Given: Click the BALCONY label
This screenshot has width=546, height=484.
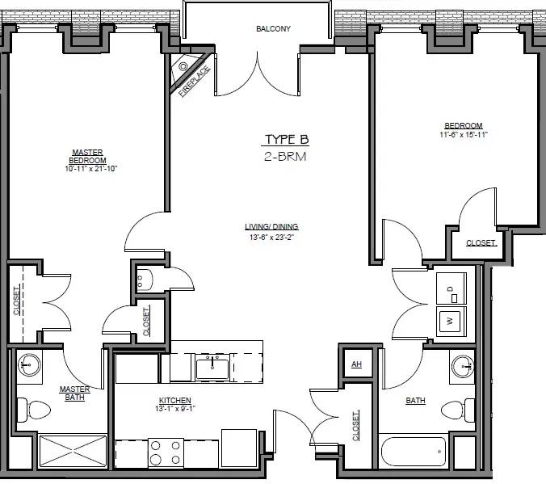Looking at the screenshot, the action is tap(273, 28).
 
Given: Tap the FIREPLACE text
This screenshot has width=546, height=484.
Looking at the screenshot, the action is tap(195, 81).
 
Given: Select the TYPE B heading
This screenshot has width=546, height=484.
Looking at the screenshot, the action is tap(287, 139).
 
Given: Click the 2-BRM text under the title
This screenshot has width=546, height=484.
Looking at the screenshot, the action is tap(285, 157).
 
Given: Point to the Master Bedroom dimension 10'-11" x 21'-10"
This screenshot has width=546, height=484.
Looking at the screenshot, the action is tap(91, 169).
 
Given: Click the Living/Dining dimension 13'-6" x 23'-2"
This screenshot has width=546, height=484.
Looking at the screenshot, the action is tap(271, 238).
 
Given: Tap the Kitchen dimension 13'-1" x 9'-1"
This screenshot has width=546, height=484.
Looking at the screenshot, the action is tap(175, 408).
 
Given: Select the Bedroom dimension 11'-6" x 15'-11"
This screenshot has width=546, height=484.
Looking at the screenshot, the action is tap(464, 134).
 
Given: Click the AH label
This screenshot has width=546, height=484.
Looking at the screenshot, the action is tap(356, 364).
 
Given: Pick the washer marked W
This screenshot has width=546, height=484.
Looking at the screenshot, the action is tap(451, 321).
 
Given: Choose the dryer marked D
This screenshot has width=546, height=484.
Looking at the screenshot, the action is tap(451, 288).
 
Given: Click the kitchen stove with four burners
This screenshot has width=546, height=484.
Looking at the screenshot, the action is tap(166, 452).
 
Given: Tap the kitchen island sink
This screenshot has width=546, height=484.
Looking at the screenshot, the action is tap(212, 368).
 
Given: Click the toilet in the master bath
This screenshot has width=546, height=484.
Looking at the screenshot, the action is tap(34, 410).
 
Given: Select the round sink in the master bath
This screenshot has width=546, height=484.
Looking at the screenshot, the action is tap(29, 365).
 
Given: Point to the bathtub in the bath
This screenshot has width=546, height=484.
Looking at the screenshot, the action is tap(414, 452).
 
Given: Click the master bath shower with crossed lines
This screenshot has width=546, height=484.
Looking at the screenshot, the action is tap(73, 451).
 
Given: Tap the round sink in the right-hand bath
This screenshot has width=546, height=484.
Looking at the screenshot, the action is tap(463, 366).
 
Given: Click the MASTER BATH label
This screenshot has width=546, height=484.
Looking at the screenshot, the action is tap(74, 393).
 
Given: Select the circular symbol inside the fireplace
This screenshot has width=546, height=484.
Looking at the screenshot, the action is tap(183, 66).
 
